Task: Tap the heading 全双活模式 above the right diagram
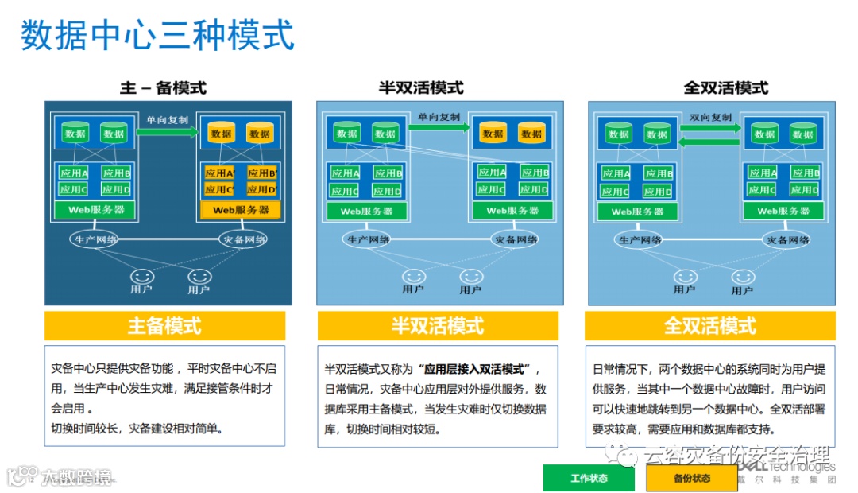pos(726,87)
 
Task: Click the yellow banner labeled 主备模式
pos(164,325)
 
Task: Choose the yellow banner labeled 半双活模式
pos(437,325)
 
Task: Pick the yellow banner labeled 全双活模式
pos(709,325)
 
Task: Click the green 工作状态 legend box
pos(589,478)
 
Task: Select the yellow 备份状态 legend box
pos(692,478)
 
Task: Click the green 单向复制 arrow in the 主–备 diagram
pos(167,132)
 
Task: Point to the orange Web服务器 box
pos(241,210)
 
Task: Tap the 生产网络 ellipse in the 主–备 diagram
pos(95,239)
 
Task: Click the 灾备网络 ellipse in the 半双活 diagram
pos(516,239)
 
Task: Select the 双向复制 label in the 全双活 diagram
pos(710,117)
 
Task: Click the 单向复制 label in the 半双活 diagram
pos(439,117)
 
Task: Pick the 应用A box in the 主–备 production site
pos(74,173)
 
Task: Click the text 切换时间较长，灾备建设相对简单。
pos(137,429)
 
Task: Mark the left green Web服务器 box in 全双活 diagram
pos(637,212)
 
